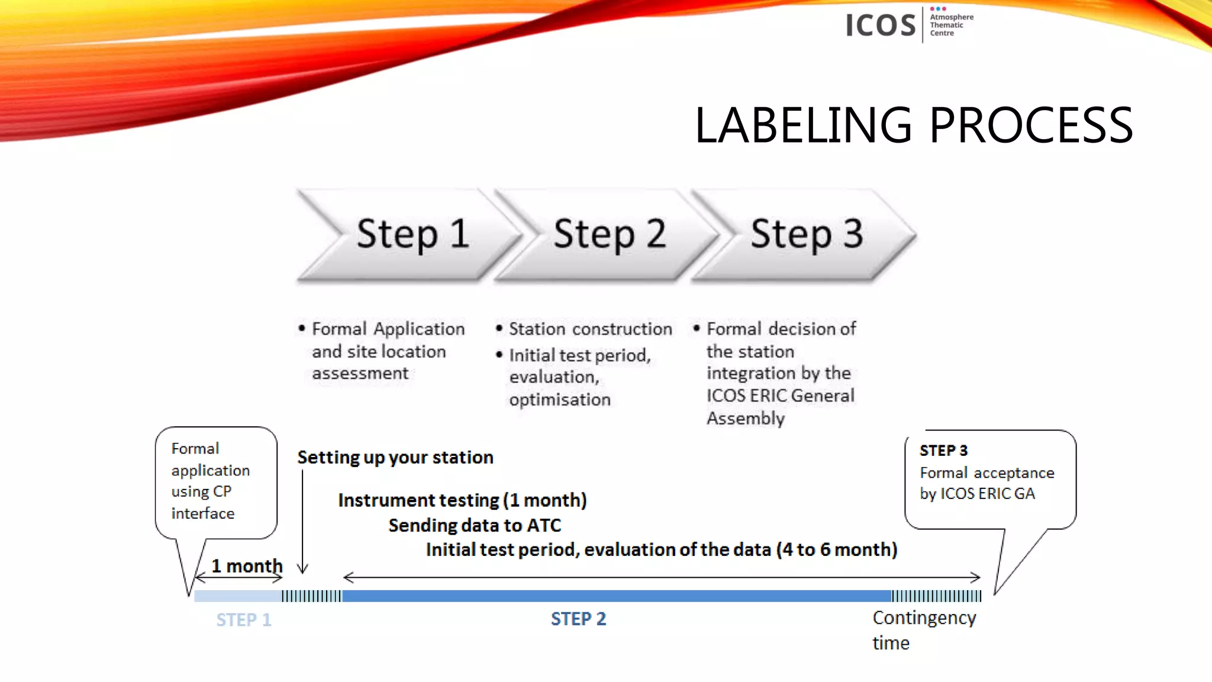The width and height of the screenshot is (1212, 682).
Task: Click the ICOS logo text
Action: [880, 25]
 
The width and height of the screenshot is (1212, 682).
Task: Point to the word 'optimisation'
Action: [559, 400]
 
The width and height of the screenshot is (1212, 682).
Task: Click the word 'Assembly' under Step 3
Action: [746, 419]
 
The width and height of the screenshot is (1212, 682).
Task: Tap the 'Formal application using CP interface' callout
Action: [211, 481]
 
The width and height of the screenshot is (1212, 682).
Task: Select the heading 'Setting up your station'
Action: [395, 458]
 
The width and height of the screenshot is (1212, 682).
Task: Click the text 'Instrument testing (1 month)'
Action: [462, 501]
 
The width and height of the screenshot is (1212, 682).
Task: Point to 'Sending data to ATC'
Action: [475, 526]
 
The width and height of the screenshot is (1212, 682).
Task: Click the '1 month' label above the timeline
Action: [247, 566]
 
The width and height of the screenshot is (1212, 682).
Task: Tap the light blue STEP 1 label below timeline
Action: [243, 620]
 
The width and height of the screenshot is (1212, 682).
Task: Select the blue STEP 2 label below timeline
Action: [578, 619]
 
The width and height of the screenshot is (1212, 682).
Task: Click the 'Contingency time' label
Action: [923, 629]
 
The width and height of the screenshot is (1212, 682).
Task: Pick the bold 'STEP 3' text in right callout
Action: [943, 451]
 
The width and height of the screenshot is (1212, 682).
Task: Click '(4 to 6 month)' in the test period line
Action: [837, 550]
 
